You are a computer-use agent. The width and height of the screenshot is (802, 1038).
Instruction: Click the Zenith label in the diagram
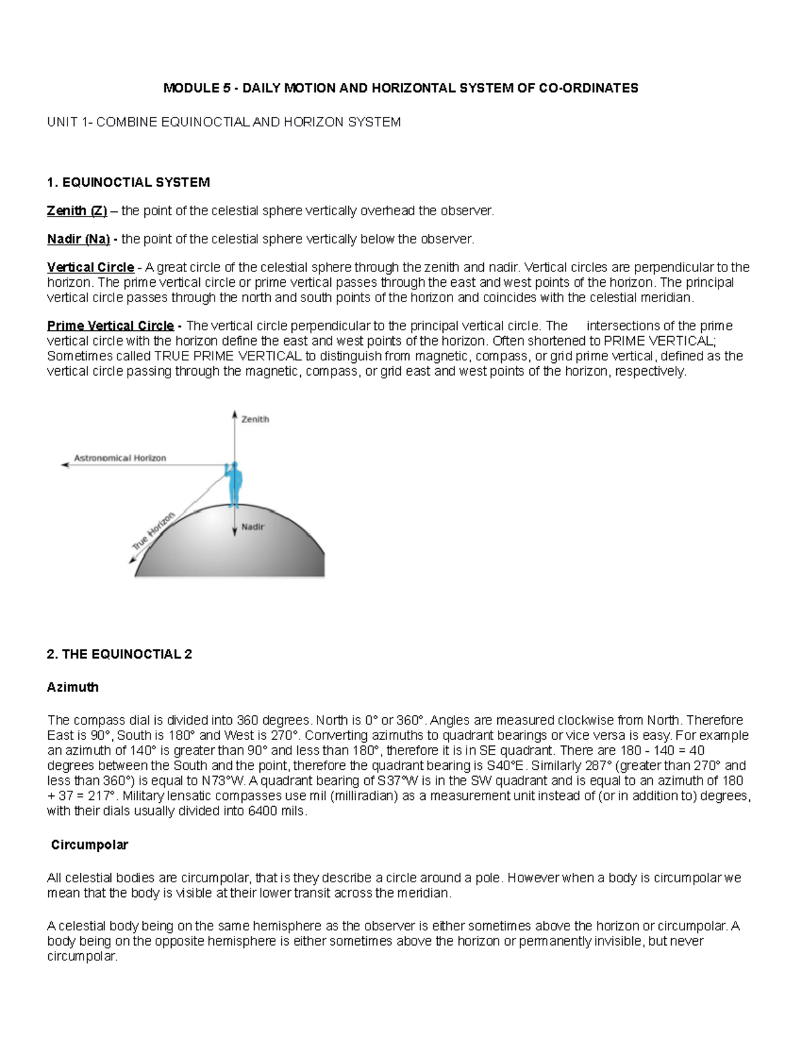pos(255,419)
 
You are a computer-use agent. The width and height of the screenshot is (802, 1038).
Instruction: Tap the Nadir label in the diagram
pos(253,527)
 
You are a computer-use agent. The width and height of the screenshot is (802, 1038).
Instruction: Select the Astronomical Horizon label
pos(120,458)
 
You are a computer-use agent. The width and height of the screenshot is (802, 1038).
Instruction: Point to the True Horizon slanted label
pos(153,531)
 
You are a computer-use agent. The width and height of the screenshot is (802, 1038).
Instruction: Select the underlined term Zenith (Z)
pos(77,211)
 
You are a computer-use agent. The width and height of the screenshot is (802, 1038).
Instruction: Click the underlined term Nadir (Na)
pos(78,239)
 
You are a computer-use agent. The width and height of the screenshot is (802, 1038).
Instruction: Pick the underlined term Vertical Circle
pos(90,267)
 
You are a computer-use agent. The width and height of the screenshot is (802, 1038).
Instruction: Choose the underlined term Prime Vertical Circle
pos(110,326)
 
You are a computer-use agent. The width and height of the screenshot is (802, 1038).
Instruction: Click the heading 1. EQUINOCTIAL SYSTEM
pos(128,182)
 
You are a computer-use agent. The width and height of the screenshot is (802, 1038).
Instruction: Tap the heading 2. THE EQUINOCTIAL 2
pos(119,654)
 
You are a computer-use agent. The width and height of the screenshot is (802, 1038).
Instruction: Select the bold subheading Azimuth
pos(72,687)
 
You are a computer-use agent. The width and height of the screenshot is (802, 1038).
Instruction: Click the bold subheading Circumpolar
pos(89,845)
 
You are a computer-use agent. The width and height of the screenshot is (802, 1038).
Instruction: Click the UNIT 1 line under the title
pos(223,122)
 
